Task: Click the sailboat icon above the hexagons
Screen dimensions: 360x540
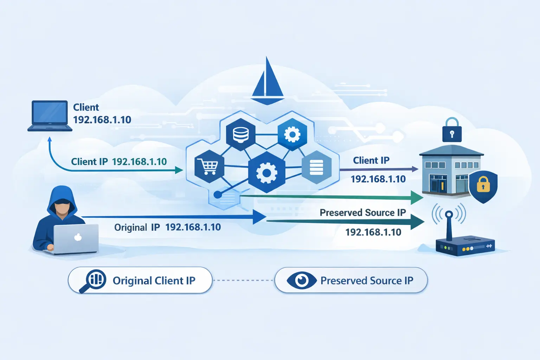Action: [268, 83]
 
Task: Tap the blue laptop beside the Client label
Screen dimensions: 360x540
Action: [50, 116]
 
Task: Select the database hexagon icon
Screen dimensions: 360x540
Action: [241, 134]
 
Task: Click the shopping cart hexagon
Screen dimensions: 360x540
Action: [209, 166]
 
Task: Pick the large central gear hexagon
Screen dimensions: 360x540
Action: [266, 173]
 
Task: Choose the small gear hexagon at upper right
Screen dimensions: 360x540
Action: [292, 134]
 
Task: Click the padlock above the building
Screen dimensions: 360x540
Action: [452, 131]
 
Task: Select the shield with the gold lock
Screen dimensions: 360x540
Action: [483, 186]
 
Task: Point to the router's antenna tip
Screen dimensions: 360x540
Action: [449, 214]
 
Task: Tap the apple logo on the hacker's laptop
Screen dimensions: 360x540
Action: [78, 237]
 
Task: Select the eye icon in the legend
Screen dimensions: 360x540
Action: [302, 281]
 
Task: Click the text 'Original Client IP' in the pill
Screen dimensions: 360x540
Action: [154, 281]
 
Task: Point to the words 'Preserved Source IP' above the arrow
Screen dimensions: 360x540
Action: [362, 213]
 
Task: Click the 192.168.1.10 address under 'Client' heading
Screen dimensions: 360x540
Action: [102, 120]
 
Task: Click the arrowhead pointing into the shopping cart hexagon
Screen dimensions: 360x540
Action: [179, 171]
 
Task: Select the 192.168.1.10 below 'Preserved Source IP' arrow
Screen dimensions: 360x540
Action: [373, 232]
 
